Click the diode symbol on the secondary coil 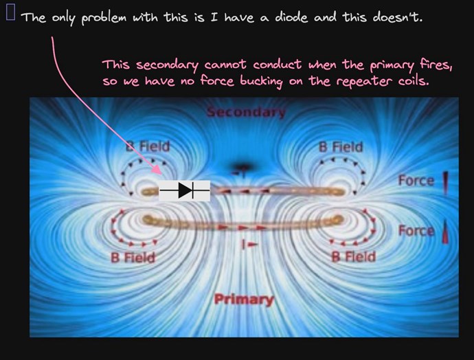pos(184,190)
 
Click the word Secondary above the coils pos(246,112)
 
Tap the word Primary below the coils pos(244,300)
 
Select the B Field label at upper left pos(148,146)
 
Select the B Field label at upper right pos(341,147)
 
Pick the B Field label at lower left pos(133,258)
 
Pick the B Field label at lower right pos(354,257)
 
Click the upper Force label pos(416,181)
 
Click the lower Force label pos(416,231)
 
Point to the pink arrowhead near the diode pos(157,170)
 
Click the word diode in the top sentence pos(291,17)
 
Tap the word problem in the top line pos(104,18)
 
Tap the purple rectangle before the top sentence pos(10,13)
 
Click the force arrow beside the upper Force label pos(445,183)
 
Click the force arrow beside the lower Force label pos(445,232)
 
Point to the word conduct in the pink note pos(278,65)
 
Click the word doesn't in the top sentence pos(397,17)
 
